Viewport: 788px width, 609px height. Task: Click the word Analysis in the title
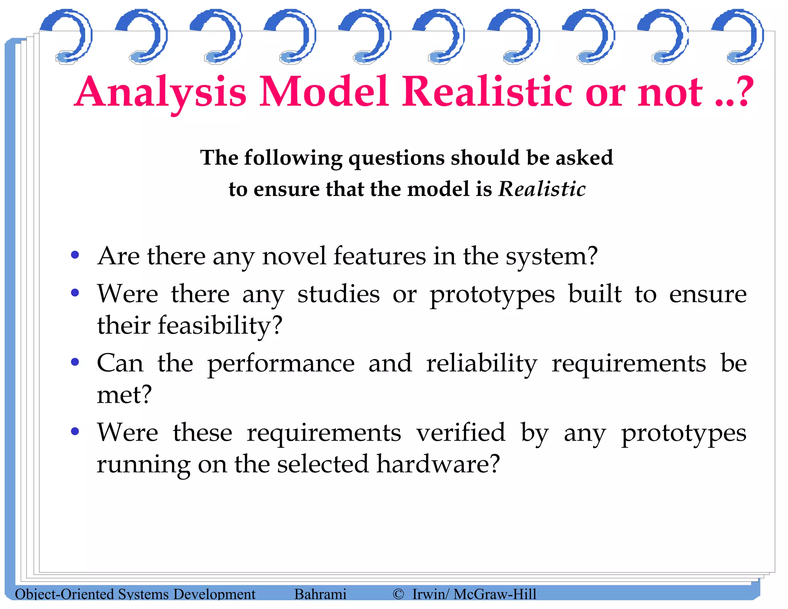pyautogui.click(x=160, y=92)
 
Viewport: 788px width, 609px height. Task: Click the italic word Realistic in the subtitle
pyautogui.click(x=542, y=189)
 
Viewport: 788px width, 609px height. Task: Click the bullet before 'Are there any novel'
pyautogui.click(x=75, y=255)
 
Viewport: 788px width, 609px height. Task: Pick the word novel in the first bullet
pyautogui.click(x=294, y=256)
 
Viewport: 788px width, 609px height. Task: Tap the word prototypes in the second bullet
pyautogui.click(x=492, y=295)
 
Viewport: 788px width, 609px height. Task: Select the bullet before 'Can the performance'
pyautogui.click(x=75, y=362)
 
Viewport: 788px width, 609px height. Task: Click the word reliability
pyautogui.click(x=481, y=364)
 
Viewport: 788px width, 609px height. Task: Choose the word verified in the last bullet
pyautogui.click(x=461, y=433)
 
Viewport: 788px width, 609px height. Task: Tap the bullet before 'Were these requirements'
pyautogui.click(x=75, y=431)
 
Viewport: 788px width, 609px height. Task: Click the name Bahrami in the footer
pyautogui.click(x=320, y=594)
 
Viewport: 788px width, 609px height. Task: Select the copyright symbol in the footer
pyautogui.click(x=398, y=594)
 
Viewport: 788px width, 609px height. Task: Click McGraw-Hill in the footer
pyautogui.click(x=495, y=594)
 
